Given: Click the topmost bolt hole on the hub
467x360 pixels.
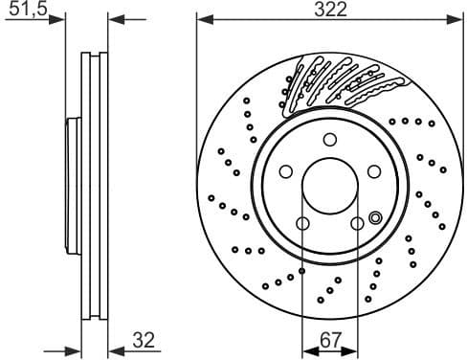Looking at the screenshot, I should click(x=328, y=139).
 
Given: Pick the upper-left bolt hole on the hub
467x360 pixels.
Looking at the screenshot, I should click(x=285, y=171).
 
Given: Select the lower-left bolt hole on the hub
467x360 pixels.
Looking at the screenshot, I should click(x=302, y=224).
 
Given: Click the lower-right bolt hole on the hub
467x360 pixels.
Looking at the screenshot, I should click(x=356, y=224).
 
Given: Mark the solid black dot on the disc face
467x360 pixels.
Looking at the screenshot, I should click(x=301, y=271).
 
